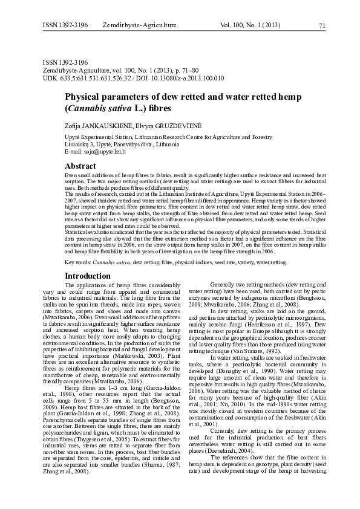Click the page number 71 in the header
click(x=321, y=25)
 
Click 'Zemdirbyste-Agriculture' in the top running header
click(x=140, y=25)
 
